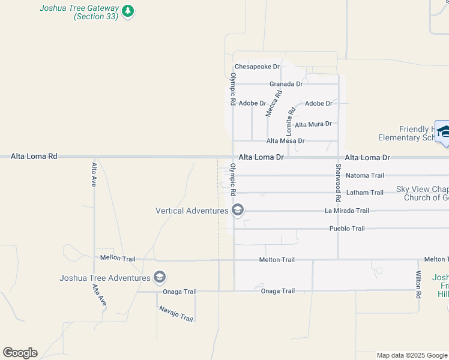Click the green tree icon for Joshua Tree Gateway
127,11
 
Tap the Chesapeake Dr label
257,67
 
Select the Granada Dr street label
286,84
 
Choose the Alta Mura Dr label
313,124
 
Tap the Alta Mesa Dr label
285,141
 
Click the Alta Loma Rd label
34,156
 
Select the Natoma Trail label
364,176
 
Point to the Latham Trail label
364,193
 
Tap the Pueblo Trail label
347,229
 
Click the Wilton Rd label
418,285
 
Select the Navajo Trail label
176,314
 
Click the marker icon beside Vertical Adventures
237,210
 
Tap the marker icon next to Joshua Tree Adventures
160,277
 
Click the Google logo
20,353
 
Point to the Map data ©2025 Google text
411,355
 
